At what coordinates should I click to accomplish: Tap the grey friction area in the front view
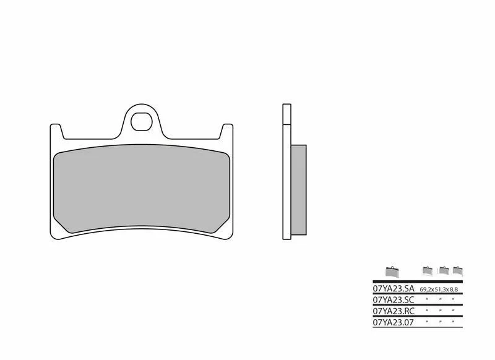point(142,191)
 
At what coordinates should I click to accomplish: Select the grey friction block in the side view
point(298,191)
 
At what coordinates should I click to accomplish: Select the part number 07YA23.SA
point(393,289)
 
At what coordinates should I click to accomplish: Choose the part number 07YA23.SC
point(393,299)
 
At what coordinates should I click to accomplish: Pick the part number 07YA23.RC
point(393,311)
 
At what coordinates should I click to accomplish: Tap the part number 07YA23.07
point(393,322)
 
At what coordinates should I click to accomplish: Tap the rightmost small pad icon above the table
point(458,270)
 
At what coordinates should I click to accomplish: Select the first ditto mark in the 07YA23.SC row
point(426,300)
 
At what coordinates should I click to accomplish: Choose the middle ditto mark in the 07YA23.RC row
point(440,311)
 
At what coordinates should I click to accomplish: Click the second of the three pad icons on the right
point(443,270)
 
